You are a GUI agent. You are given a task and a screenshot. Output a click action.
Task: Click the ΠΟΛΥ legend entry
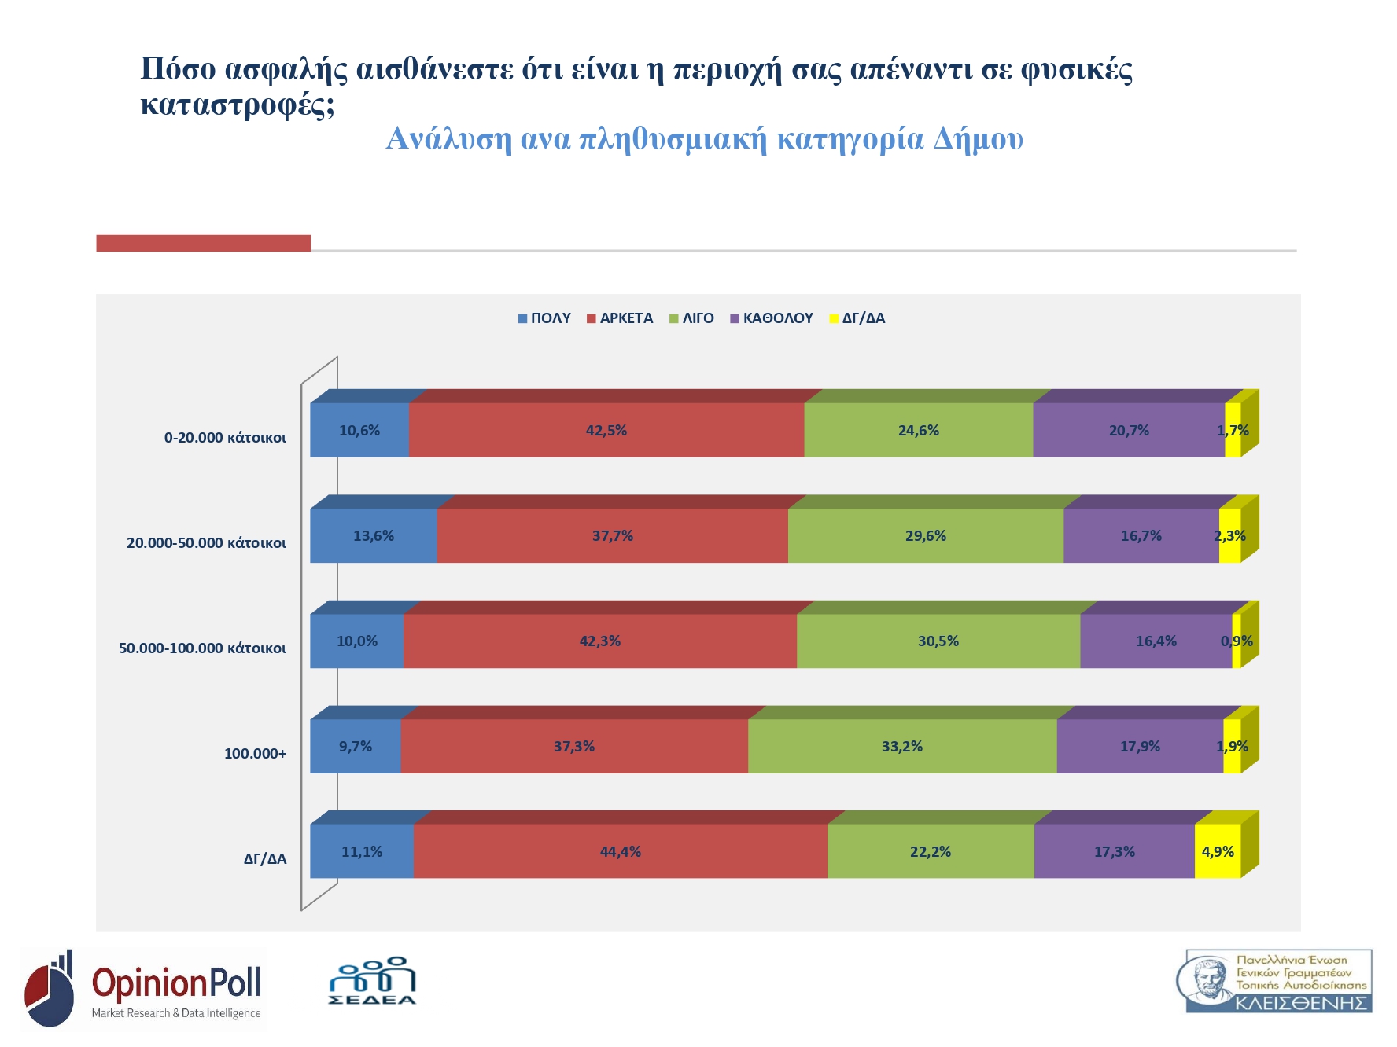544,318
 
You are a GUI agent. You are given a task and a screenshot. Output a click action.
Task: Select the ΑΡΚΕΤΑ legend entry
620,318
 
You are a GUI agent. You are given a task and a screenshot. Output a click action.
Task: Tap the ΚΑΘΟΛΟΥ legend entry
772,318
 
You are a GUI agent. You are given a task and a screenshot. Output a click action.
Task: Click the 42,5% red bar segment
606,430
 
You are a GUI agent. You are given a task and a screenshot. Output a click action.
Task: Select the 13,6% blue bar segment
374,535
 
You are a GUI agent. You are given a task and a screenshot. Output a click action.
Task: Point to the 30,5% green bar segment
938,641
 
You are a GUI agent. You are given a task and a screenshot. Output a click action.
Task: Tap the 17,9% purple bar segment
1140,746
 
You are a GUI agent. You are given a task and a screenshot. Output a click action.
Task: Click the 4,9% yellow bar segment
1217,851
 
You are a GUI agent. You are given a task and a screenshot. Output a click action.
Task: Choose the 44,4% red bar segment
621,851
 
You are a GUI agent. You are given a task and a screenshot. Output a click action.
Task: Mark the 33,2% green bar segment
901,746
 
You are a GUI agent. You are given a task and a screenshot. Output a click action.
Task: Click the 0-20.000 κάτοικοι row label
225,438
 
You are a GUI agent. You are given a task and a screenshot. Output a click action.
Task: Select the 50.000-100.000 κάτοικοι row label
202,648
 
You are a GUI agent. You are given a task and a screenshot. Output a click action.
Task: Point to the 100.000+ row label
255,754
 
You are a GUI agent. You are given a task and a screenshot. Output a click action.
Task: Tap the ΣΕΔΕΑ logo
372,981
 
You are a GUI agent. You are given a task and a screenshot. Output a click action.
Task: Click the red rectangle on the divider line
203,243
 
